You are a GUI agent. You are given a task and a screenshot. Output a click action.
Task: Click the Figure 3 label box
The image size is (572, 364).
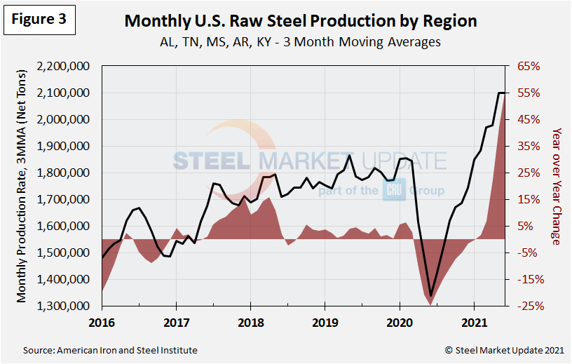(39, 20)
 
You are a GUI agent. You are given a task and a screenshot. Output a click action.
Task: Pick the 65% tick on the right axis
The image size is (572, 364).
(529, 67)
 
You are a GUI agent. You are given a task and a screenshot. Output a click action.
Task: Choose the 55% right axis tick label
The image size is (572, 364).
(529, 93)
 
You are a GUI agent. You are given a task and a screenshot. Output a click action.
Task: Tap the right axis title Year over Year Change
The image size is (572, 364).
(557, 187)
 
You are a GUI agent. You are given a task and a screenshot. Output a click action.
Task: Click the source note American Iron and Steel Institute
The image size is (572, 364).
(110, 350)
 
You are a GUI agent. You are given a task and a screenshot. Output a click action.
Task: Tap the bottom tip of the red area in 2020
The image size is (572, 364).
(430, 306)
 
